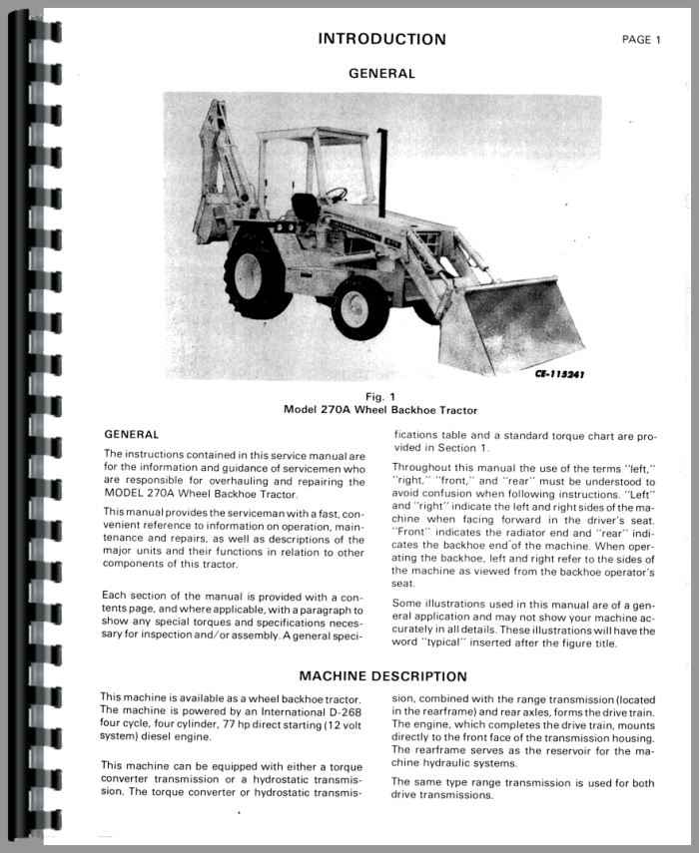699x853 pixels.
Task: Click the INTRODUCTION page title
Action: (x=381, y=39)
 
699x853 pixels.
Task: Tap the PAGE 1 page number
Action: (x=641, y=40)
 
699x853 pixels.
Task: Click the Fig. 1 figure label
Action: (x=381, y=395)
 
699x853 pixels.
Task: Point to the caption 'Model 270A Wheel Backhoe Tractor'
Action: (x=381, y=410)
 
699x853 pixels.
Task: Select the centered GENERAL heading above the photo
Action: (x=381, y=73)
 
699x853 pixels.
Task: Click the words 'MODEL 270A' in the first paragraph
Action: (x=146, y=494)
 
